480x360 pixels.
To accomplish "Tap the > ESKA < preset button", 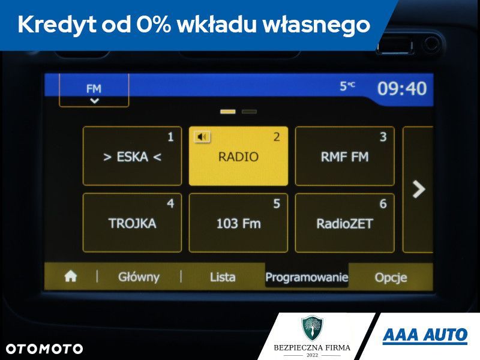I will pyautogui.click(x=132, y=156).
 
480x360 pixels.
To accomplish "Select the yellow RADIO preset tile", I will pyautogui.click(x=238, y=156).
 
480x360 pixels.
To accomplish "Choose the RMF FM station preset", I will pyautogui.click(x=344, y=156).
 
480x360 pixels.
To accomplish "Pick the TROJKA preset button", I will pyautogui.click(x=132, y=223).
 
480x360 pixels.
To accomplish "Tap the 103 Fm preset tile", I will pyautogui.click(x=238, y=223).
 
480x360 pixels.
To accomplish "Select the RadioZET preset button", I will pyautogui.click(x=344, y=223).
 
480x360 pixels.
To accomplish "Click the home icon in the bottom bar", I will pyautogui.click(x=71, y=277).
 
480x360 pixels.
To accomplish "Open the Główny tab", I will pyautogui.click(x=139, y=277).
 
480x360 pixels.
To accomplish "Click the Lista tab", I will pyautogui.click(x=223, y=277).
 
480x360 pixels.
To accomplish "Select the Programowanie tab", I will pyautogui.click(x=307, y=277).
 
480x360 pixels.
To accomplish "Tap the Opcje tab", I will pyautogui.click(x=391, y=277).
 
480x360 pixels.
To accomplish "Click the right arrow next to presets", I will pyautogui.click(x=419, y=190).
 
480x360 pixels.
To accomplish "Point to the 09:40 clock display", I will pyautogui.click(x=401, y=89).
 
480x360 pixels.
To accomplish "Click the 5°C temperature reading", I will pyautogui.click(x=347, y=86).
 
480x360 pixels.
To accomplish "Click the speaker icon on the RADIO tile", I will pyautogui.click(x=202, y=137).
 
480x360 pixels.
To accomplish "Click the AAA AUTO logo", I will pyautogui.click(x=425, y=335).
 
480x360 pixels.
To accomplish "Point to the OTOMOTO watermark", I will pyautogui.click(x=44, y=349).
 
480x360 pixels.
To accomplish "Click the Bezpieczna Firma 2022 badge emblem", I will pyautogui.click(x=311, y=328).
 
